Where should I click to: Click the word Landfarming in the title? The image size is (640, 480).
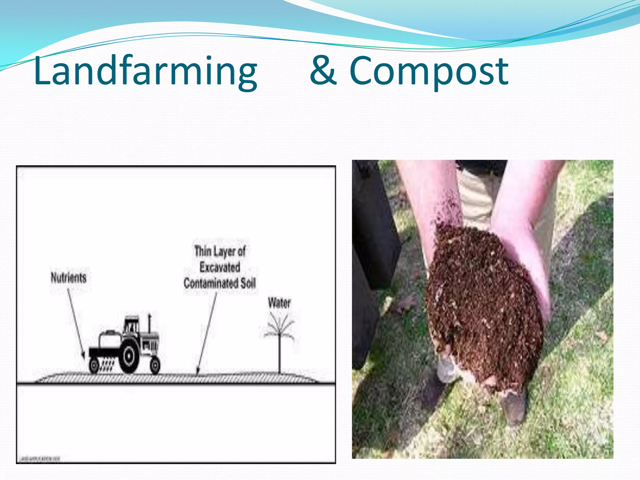coord(145,71)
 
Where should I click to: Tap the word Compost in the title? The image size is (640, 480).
coord(429,71)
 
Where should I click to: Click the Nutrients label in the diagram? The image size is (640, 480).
coord(68,277)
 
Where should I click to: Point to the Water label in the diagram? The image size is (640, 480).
coord(279,303)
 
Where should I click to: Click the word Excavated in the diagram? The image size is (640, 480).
coord(220,267)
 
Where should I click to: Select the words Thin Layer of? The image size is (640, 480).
coord(220,251)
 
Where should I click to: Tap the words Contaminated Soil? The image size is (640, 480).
coord(220,283)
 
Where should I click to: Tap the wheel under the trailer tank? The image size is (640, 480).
coord(94,366)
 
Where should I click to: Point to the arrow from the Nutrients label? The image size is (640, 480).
coord(76,323)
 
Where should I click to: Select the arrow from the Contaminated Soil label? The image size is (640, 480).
coord(207,333)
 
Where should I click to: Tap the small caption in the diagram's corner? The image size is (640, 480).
coord(40,459)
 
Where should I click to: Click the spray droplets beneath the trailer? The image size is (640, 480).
coord(107,366)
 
